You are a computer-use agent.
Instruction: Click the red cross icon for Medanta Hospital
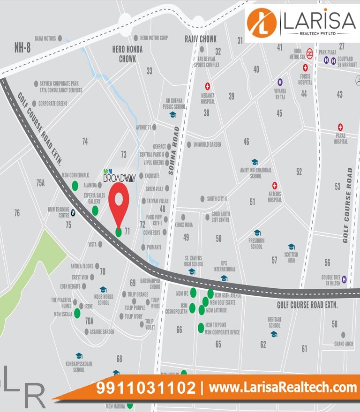pos(207,86)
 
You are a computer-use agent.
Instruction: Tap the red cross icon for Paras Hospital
pos(341,127)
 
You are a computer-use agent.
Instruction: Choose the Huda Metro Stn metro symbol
pos(309,52)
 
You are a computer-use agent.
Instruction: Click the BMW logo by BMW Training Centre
pos(73,213)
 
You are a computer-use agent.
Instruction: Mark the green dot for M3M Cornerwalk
pos(75,185)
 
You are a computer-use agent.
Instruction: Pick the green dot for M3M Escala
pos(77,314)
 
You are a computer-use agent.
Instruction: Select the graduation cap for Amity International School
pos(255,162)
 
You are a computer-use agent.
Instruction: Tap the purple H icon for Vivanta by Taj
pos(280,82)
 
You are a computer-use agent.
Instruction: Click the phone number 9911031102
pos(146,388)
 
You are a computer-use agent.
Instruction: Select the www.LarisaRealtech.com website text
pos(283,388)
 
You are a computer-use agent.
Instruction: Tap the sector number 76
pos(17,213)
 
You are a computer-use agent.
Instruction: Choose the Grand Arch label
pos(344,344)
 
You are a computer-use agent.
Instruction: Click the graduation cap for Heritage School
pos(274,334)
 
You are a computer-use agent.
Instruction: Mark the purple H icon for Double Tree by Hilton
pos(345,279)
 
